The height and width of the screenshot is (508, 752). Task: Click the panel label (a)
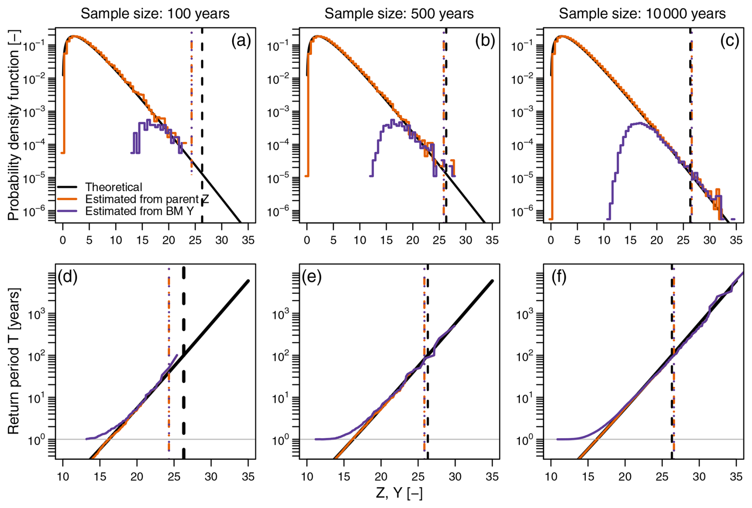[x=241, y=41]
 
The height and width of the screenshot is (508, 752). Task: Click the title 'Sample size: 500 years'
[x=399, y=14]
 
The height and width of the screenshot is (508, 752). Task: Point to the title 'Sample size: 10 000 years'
[x=642, y=14]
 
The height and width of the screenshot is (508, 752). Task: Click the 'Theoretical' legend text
[x=114, y=187]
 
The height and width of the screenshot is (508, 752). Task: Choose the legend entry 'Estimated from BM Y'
[x=140, y=211]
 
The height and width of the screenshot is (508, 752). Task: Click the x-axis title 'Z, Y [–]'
[x=399, y=493]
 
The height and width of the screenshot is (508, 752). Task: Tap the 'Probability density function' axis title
[x=13, y=125]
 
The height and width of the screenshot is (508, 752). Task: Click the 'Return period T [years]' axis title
[x=13, y=361]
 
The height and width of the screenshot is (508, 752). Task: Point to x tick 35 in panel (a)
[x=248, y=240]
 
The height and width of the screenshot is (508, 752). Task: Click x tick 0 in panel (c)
[x=550, y=240]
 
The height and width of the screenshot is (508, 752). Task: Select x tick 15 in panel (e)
[x=344, y=476]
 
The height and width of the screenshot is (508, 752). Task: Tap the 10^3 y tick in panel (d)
[x=37, y=315]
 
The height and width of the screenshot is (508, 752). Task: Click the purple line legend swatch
[x=68, y=211]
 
